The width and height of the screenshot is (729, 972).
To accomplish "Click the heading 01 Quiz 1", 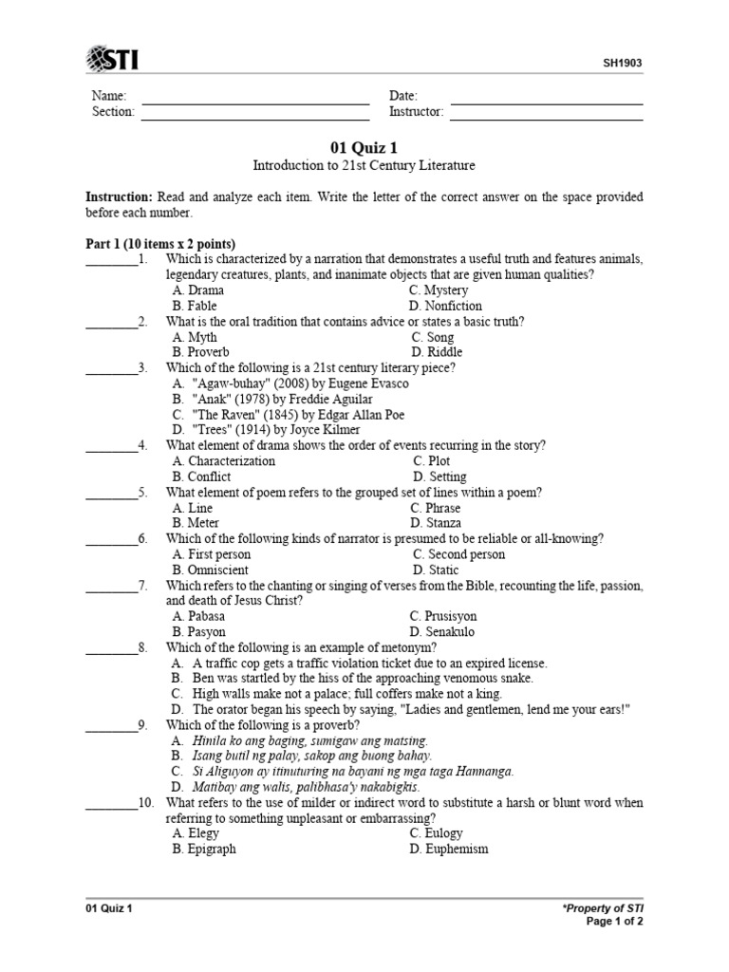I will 364,147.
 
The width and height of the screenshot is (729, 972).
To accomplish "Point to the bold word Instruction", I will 119,197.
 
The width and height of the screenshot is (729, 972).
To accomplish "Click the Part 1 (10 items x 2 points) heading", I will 160,244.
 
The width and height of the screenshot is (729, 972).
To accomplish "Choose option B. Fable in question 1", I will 195,306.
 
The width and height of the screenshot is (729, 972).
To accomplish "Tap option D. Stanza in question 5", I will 436,523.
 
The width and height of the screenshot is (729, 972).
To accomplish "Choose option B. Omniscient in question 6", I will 211,570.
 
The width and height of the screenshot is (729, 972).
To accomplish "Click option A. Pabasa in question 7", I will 198,616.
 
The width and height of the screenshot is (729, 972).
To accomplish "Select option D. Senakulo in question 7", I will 442,632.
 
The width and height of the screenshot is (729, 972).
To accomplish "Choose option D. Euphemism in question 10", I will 449,849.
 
